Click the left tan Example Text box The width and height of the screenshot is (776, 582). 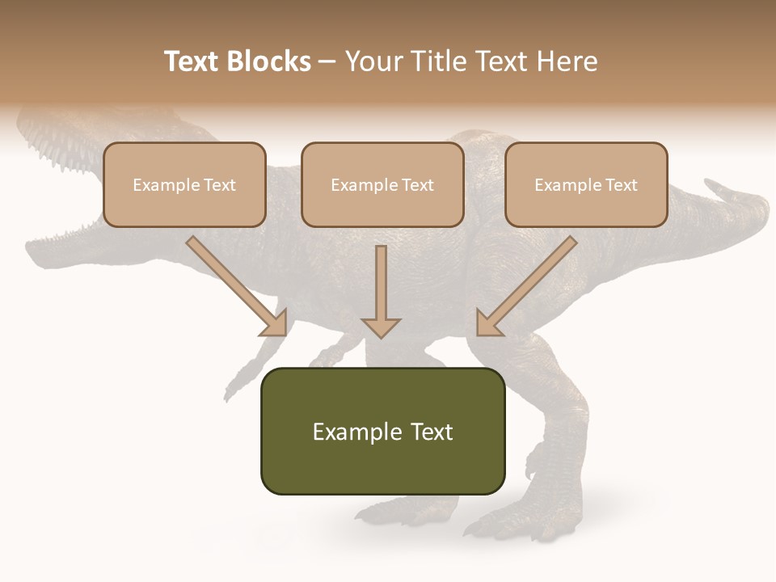click(x=184, y=185)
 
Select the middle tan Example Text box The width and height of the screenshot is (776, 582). click(x=382, y=185)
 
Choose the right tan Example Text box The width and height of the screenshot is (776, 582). click(x=586, y=185)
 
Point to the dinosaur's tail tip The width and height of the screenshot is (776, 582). click(x=715, y=188)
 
